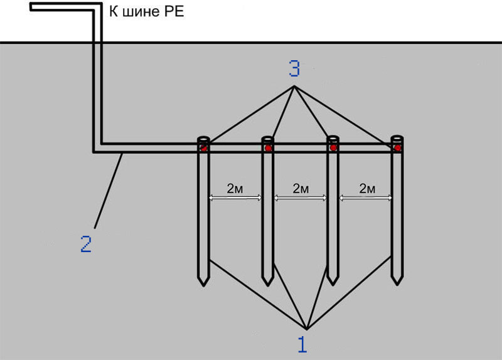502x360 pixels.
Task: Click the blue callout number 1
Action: tap(302, 344)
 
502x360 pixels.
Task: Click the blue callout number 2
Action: tap(86, 243)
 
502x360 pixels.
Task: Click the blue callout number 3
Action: tap(294, 68)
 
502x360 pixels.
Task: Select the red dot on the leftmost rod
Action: tap(203, 148)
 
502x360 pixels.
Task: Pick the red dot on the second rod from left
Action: tap(268, 148)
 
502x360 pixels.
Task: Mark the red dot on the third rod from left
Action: tap(333, 148)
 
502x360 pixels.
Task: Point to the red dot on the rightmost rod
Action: tap(397, 148)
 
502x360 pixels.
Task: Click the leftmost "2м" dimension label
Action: tap(235, 189)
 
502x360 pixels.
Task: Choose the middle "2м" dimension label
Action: tap(301, 189)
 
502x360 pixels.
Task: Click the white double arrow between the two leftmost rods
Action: tap(235, 198)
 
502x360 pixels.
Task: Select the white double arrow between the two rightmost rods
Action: tap(366, 198)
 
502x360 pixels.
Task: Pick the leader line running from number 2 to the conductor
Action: tap(108, 191)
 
